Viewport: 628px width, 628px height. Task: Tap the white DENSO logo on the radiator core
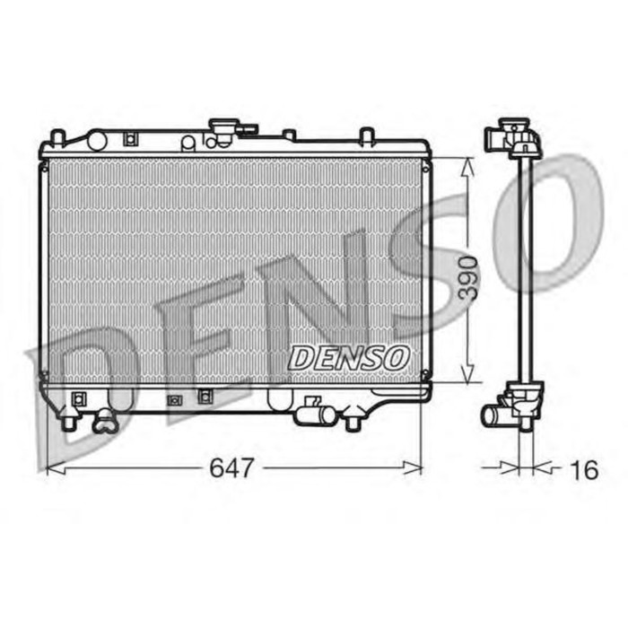(x=348, y=357)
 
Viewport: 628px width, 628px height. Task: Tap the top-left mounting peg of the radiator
(x=57, y=137)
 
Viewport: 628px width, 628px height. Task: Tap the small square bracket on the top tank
(x=130, y=138)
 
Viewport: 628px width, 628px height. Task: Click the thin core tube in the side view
(x=524, y=269)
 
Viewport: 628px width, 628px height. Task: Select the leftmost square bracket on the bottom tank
(x=76, y=397)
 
